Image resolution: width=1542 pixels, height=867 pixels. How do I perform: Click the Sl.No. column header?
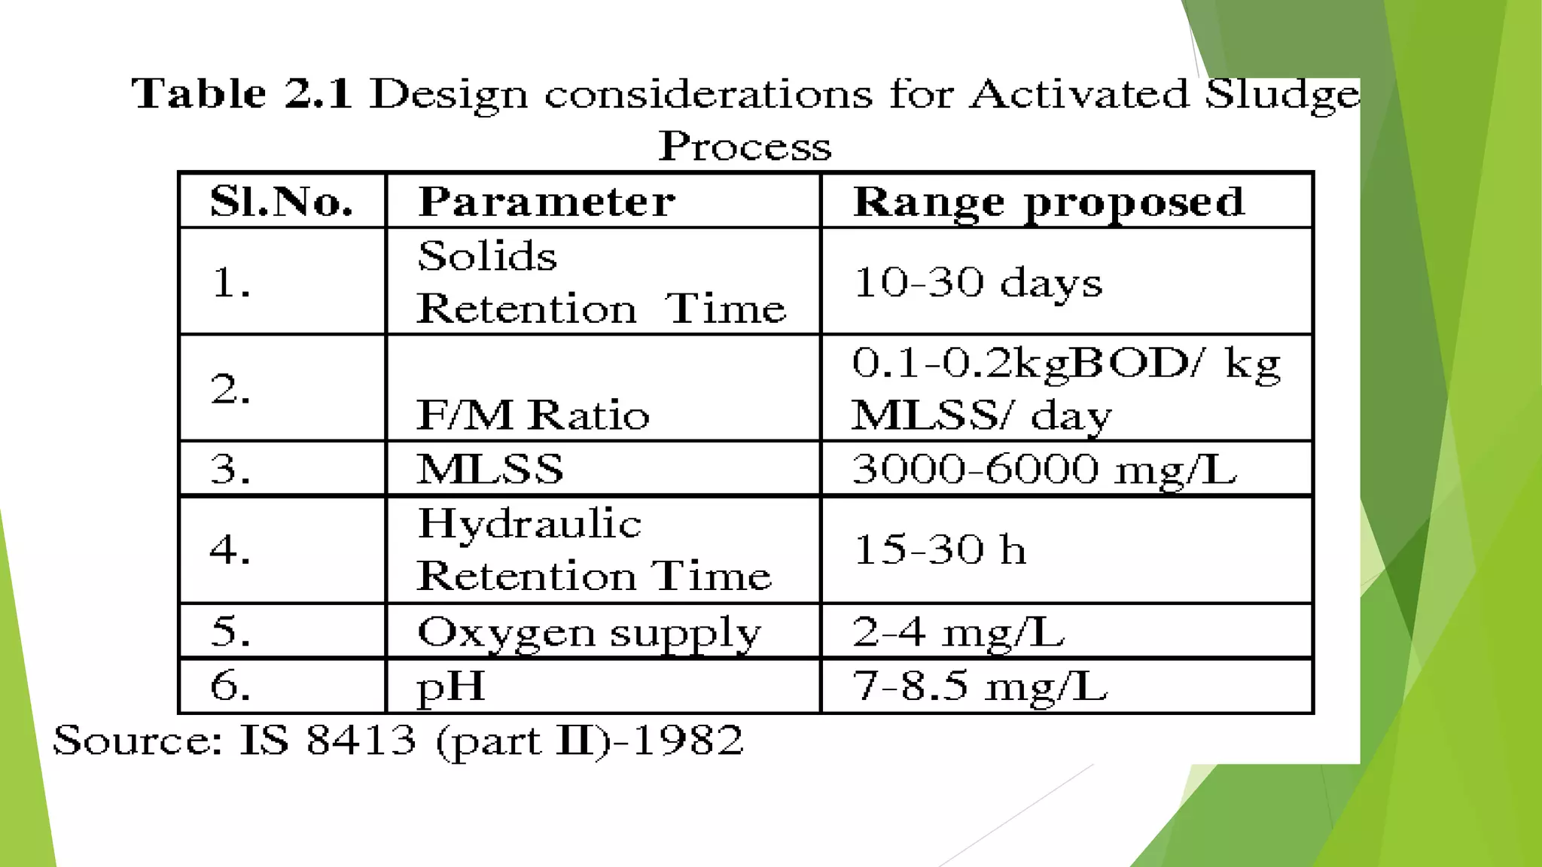(x=282, y=201)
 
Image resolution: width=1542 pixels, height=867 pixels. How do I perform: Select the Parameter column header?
(x=547, y=201)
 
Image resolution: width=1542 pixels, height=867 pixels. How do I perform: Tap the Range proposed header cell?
(x=1048, y=202)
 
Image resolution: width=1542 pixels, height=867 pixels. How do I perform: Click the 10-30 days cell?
(x=977, y=282)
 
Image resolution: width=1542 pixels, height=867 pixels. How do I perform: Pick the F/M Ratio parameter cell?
(x=532, y=415)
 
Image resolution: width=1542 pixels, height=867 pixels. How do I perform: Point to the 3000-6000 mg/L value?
(x=1044, y=469)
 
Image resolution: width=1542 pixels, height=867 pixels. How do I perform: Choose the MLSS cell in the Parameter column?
(x=490, y=469)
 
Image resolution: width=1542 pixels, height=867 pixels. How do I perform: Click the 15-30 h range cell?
(x=940, y=549)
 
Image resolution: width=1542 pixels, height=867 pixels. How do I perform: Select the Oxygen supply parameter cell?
(x=589, y=632)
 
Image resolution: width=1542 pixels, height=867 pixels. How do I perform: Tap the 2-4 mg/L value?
(x=958, y=631)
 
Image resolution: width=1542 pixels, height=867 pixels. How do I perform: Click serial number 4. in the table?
(x=230, y=549)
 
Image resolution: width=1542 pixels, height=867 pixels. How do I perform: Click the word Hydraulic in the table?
(x=529, y=523)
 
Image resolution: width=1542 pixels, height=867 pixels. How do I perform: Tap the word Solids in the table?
(x=487, y=256)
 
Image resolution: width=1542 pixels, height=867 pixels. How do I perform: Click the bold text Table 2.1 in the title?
(x=242, y=94)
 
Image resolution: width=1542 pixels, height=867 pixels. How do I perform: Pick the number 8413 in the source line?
(x=361, y=740)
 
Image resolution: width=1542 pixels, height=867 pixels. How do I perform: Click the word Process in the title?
(x=745, y=146)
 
